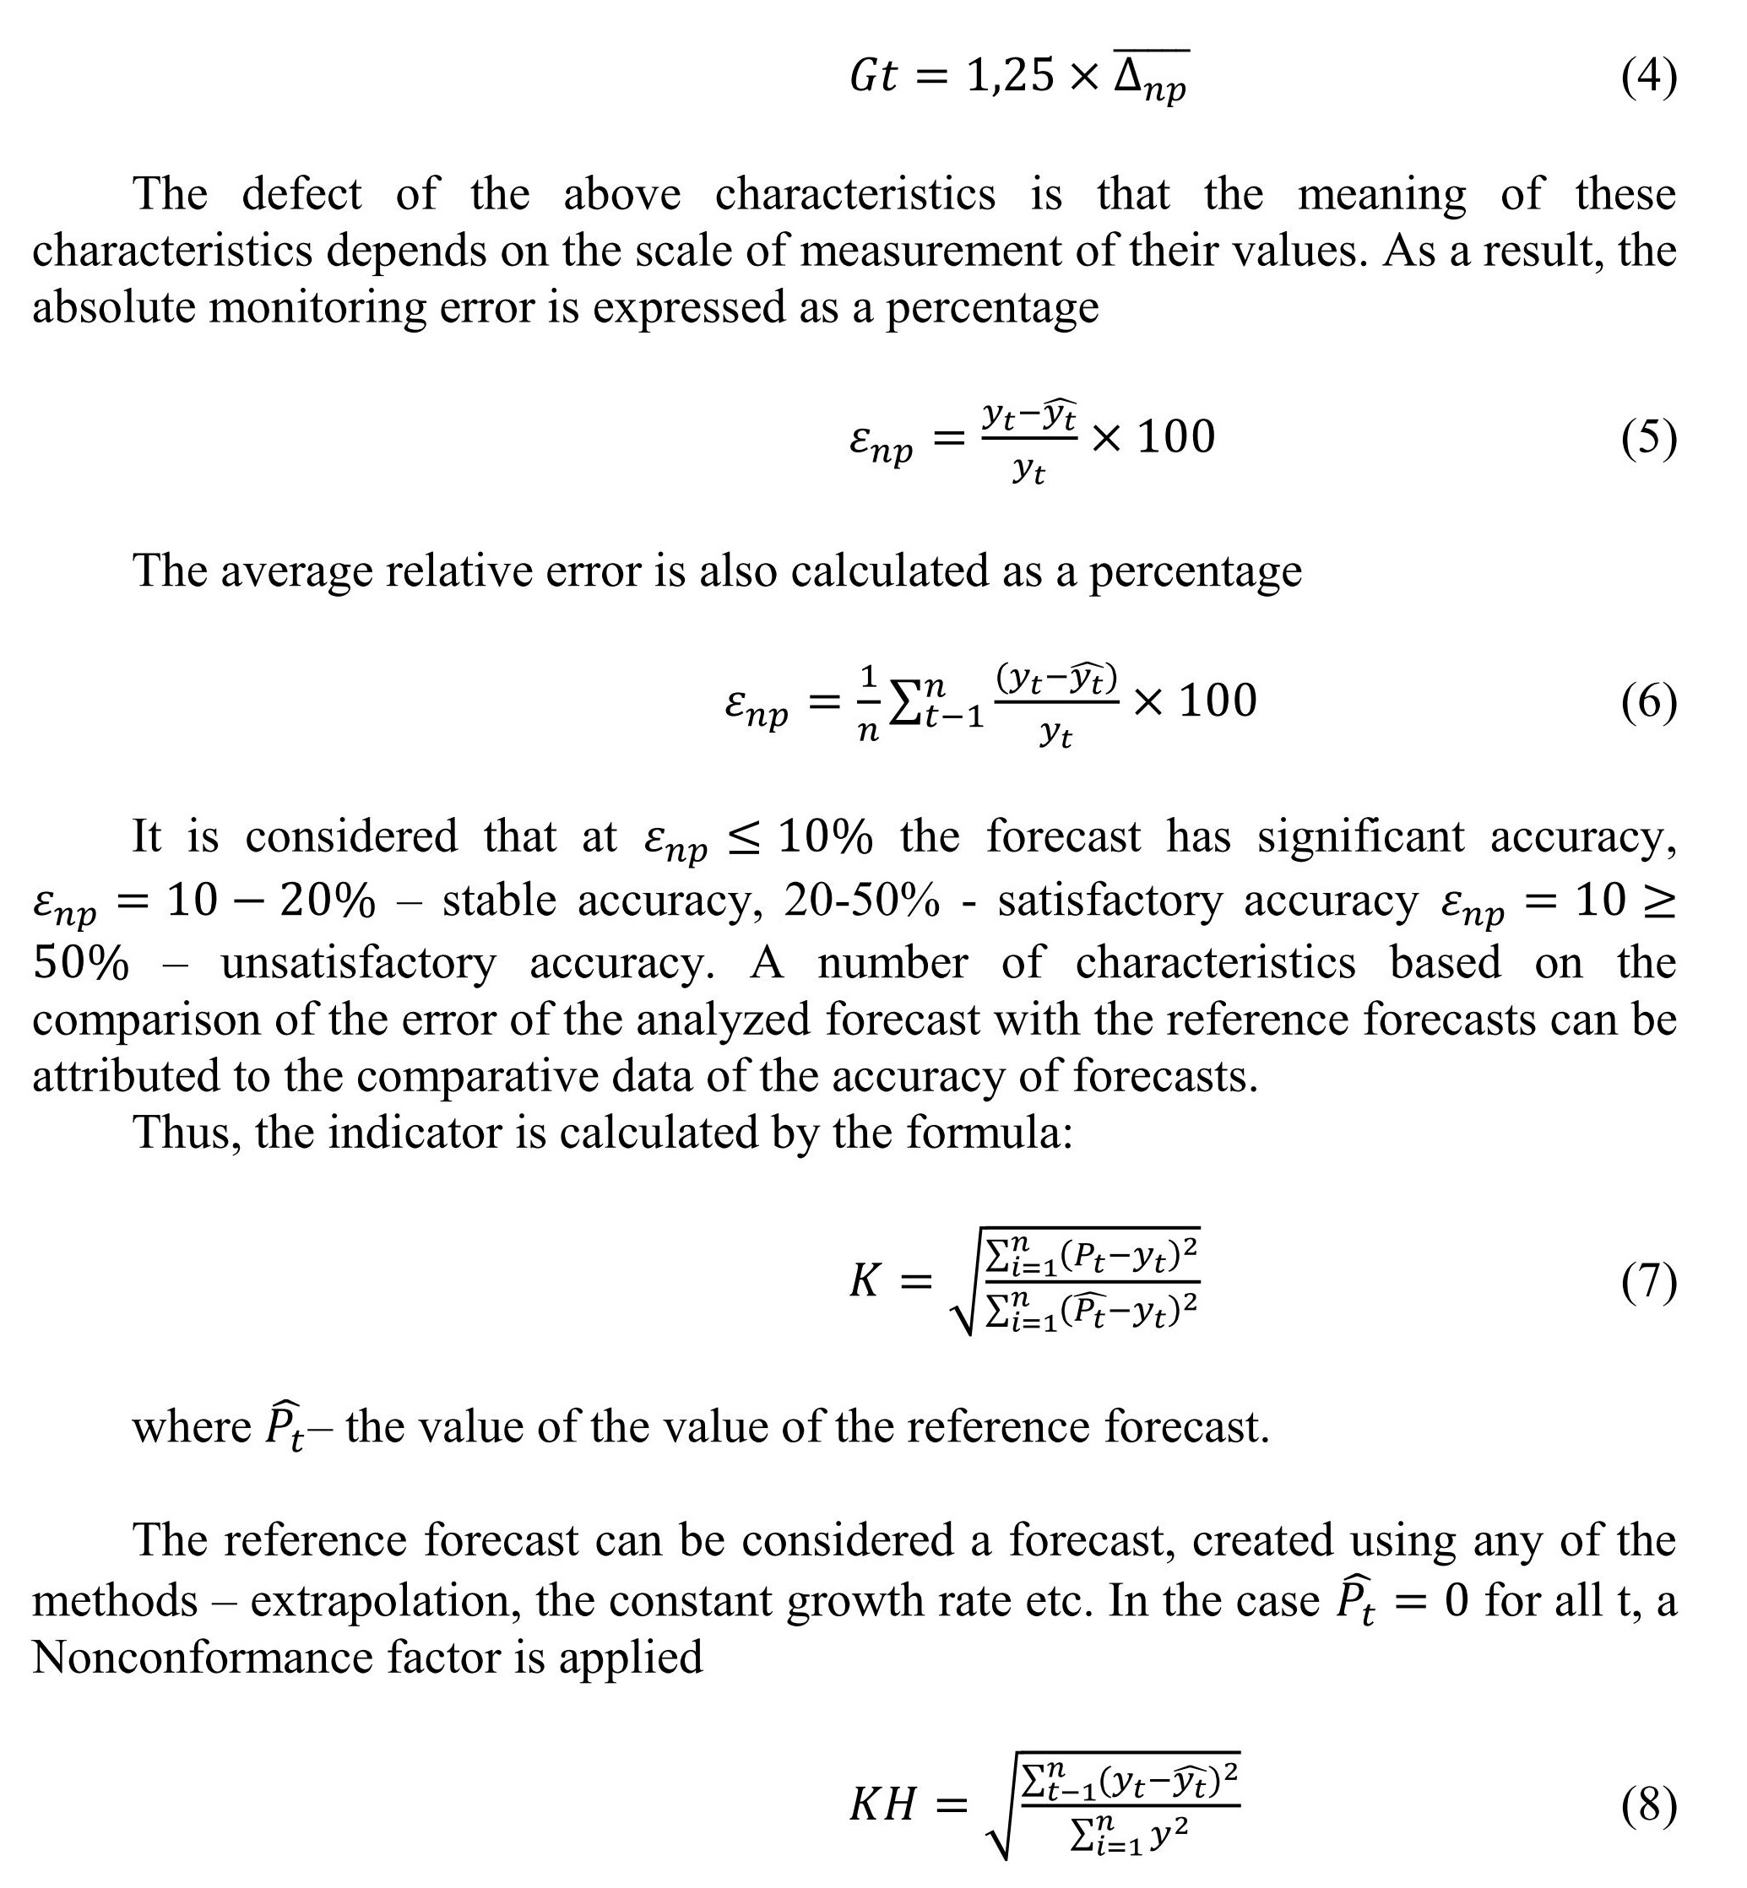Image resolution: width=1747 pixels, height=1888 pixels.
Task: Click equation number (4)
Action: (1650, 77)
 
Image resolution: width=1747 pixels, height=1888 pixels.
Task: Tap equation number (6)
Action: (1650, 703)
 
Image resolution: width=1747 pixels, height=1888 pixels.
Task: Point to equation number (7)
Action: (1650, 1282)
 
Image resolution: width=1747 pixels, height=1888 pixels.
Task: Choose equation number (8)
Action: (1650, 1807)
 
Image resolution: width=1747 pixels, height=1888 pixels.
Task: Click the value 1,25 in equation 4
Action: (1010, 76)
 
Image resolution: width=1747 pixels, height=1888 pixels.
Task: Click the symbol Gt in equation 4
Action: (872, 76)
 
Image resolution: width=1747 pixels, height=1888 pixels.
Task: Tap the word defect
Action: (301, 194)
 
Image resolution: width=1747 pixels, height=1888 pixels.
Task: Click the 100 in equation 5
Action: (1176, 437)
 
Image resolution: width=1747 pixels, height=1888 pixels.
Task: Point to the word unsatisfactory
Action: (358, 963)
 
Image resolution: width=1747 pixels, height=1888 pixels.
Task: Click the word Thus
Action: (187, 1132)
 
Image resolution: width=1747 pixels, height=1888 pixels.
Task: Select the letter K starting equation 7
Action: (865, 1282)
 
